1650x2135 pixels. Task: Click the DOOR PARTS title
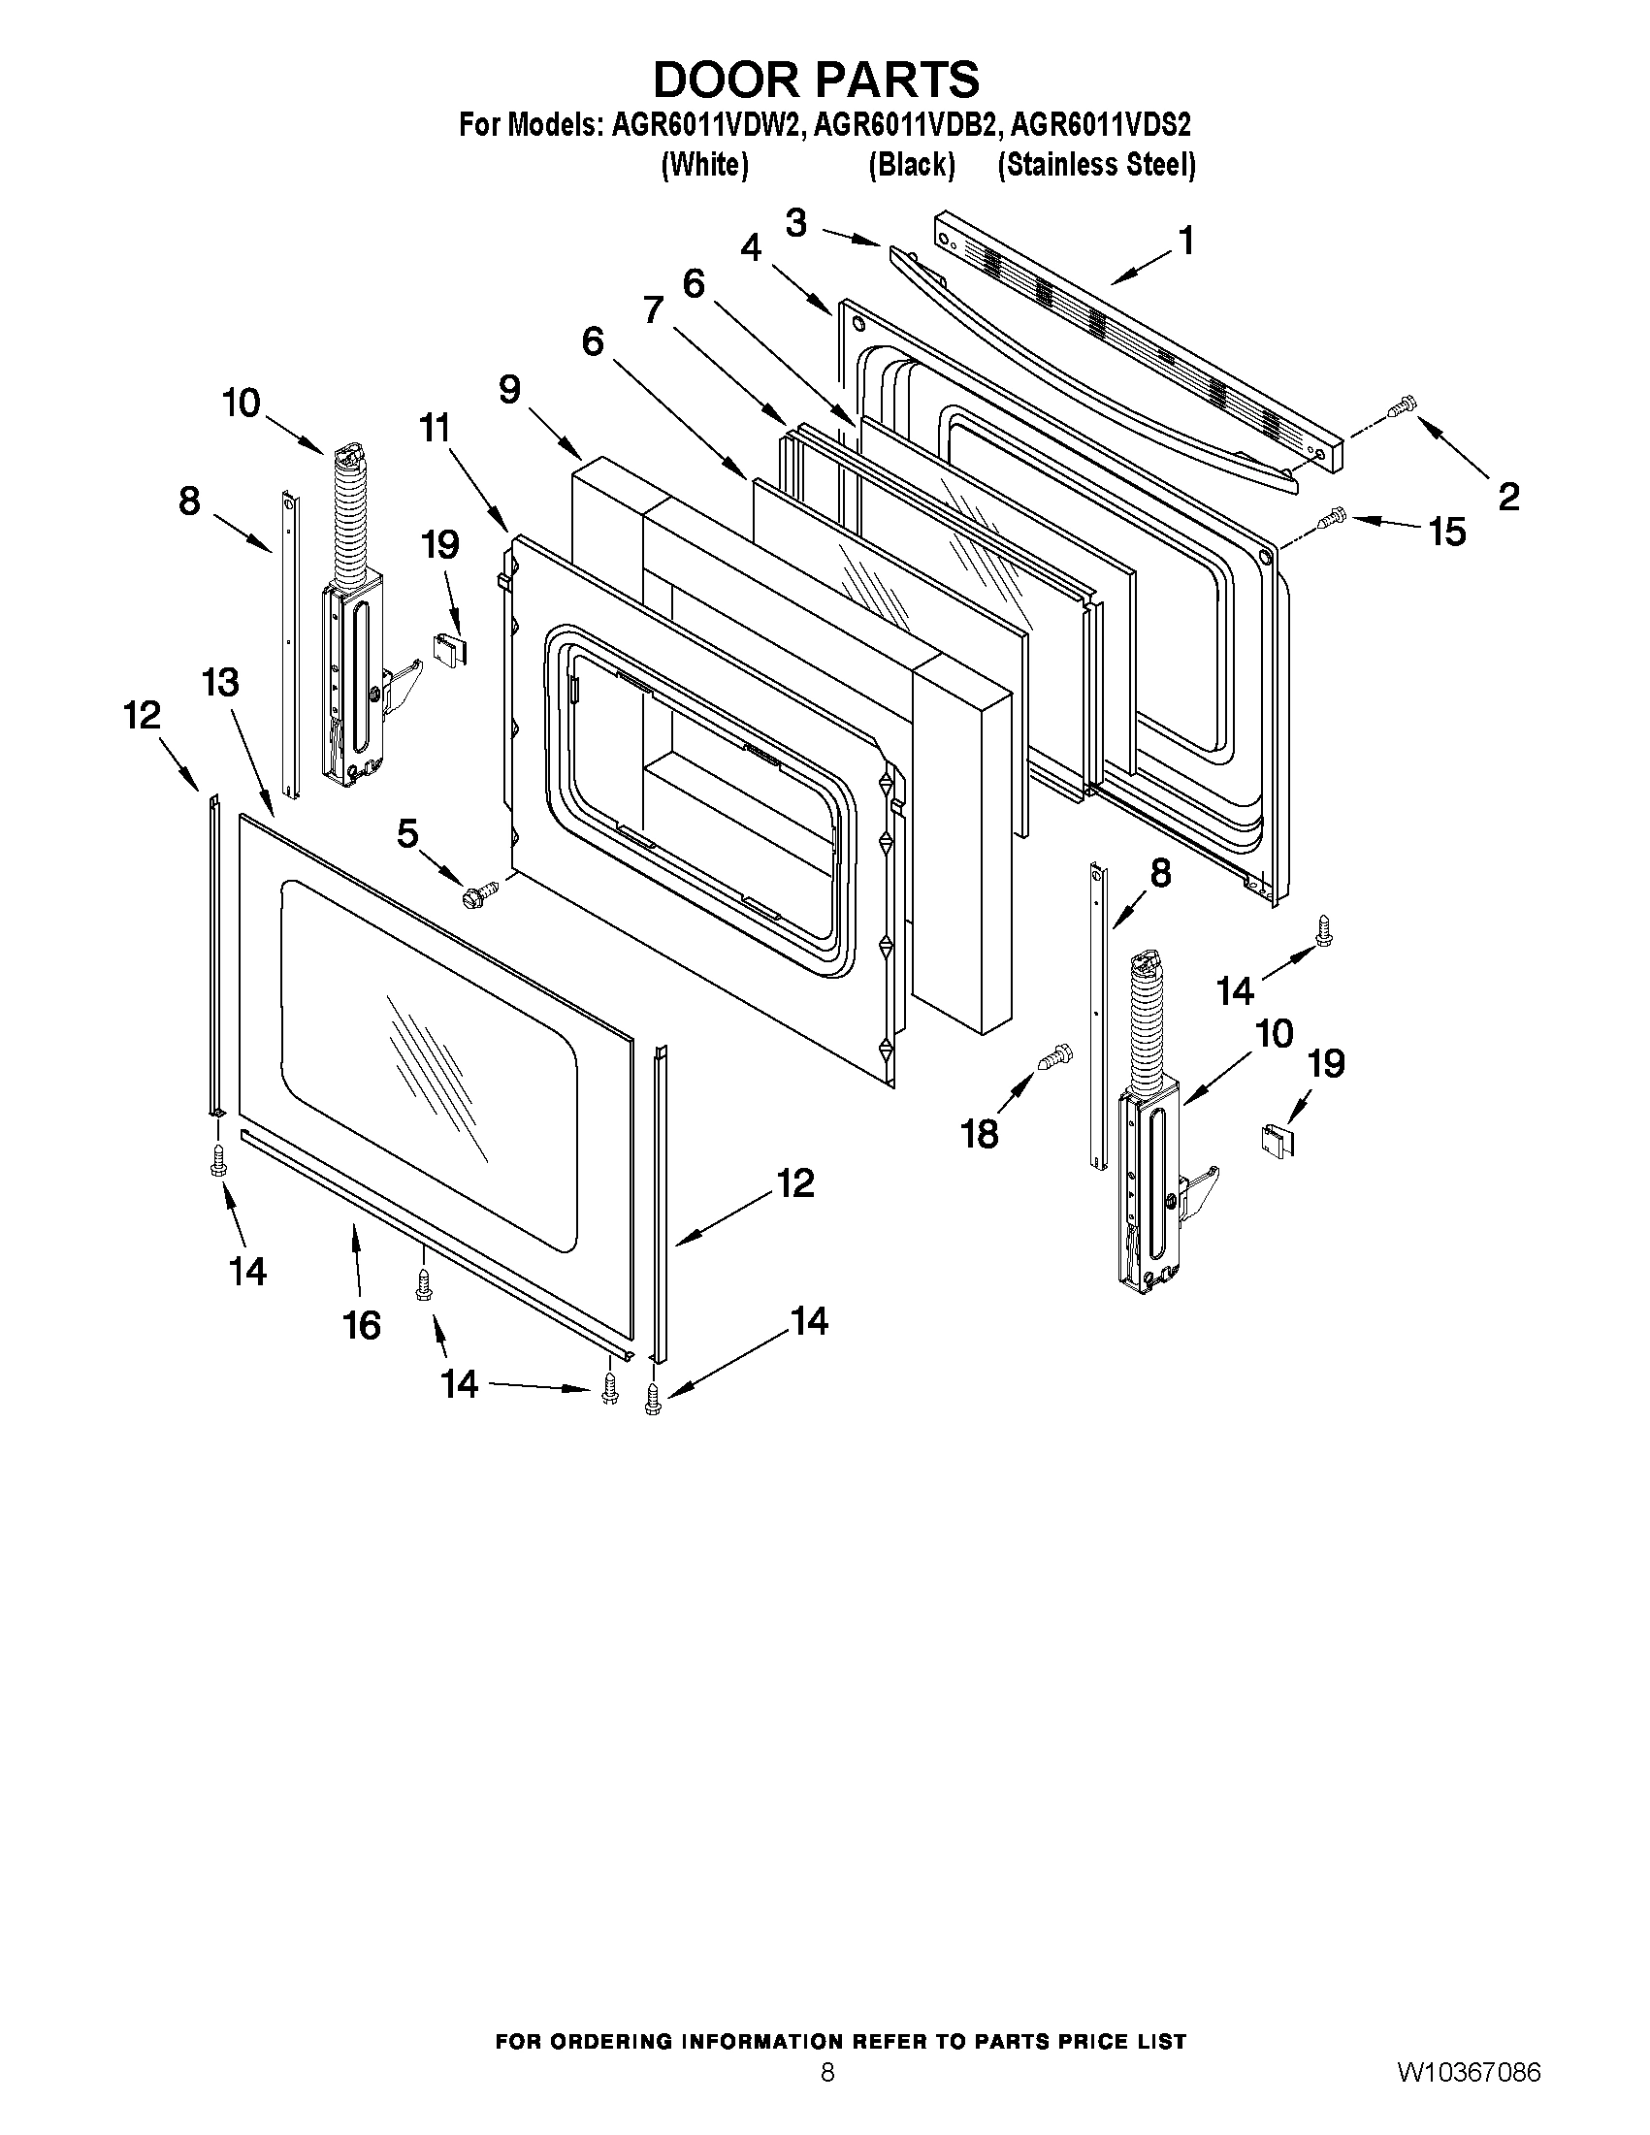tap(816, 80)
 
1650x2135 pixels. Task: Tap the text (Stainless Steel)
tap(1096, 164)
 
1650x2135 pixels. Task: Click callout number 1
tap(1185, 240)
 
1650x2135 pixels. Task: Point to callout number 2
tap(1508, 497)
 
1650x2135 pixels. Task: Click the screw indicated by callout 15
tap(1331, 518)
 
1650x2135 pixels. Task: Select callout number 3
tap(796, 224)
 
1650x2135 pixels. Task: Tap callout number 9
tap(510, 389)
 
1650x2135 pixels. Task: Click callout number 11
tap(436, 427)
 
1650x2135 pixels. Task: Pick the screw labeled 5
tap(480, 891)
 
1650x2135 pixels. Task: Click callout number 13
tap(221, 681)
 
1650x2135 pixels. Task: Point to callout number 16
tap(361, 1326)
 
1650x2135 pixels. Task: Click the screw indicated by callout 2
tap(1403, 404)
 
